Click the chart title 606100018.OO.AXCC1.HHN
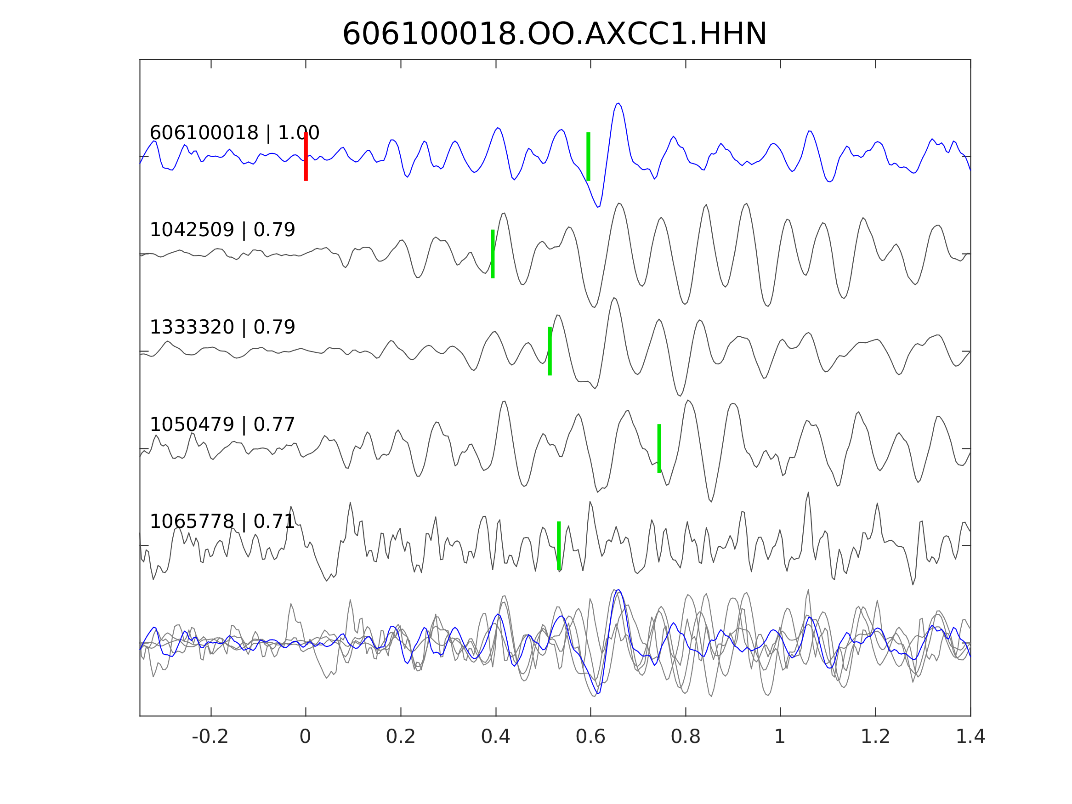(555, 35)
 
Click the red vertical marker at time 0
(306, 157)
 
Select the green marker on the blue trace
(588, 157)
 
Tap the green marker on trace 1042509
(493, 254)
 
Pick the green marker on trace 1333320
(550, 351)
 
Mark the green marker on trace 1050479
(659, 449)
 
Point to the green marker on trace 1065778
(559, 546)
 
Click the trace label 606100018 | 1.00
(234, 133)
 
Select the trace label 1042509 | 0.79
(222, 230)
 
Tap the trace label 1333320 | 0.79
(222, 327)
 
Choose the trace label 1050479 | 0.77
(222, 425)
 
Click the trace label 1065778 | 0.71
(222, 522)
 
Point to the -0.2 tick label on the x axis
(210, 737)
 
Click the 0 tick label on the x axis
(305, 737)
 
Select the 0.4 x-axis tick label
(495, 737)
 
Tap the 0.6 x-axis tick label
(590, 737)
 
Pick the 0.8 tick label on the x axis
(685, 737)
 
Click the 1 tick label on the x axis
(780, 737)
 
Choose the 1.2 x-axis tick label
(875, 737)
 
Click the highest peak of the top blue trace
(618, 103)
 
